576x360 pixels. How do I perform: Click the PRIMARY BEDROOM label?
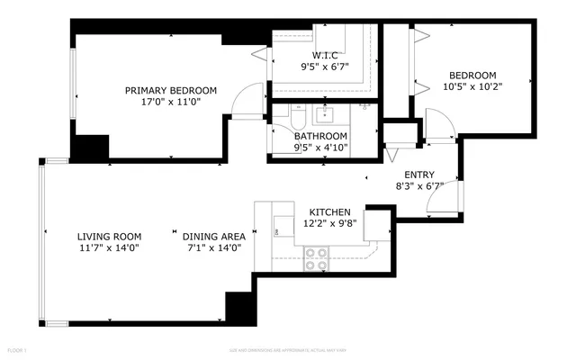171,90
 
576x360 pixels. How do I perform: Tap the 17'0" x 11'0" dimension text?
171,102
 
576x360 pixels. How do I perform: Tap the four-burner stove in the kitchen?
317,259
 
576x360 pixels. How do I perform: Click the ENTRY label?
419,175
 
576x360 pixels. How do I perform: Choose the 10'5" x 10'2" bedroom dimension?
472,87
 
